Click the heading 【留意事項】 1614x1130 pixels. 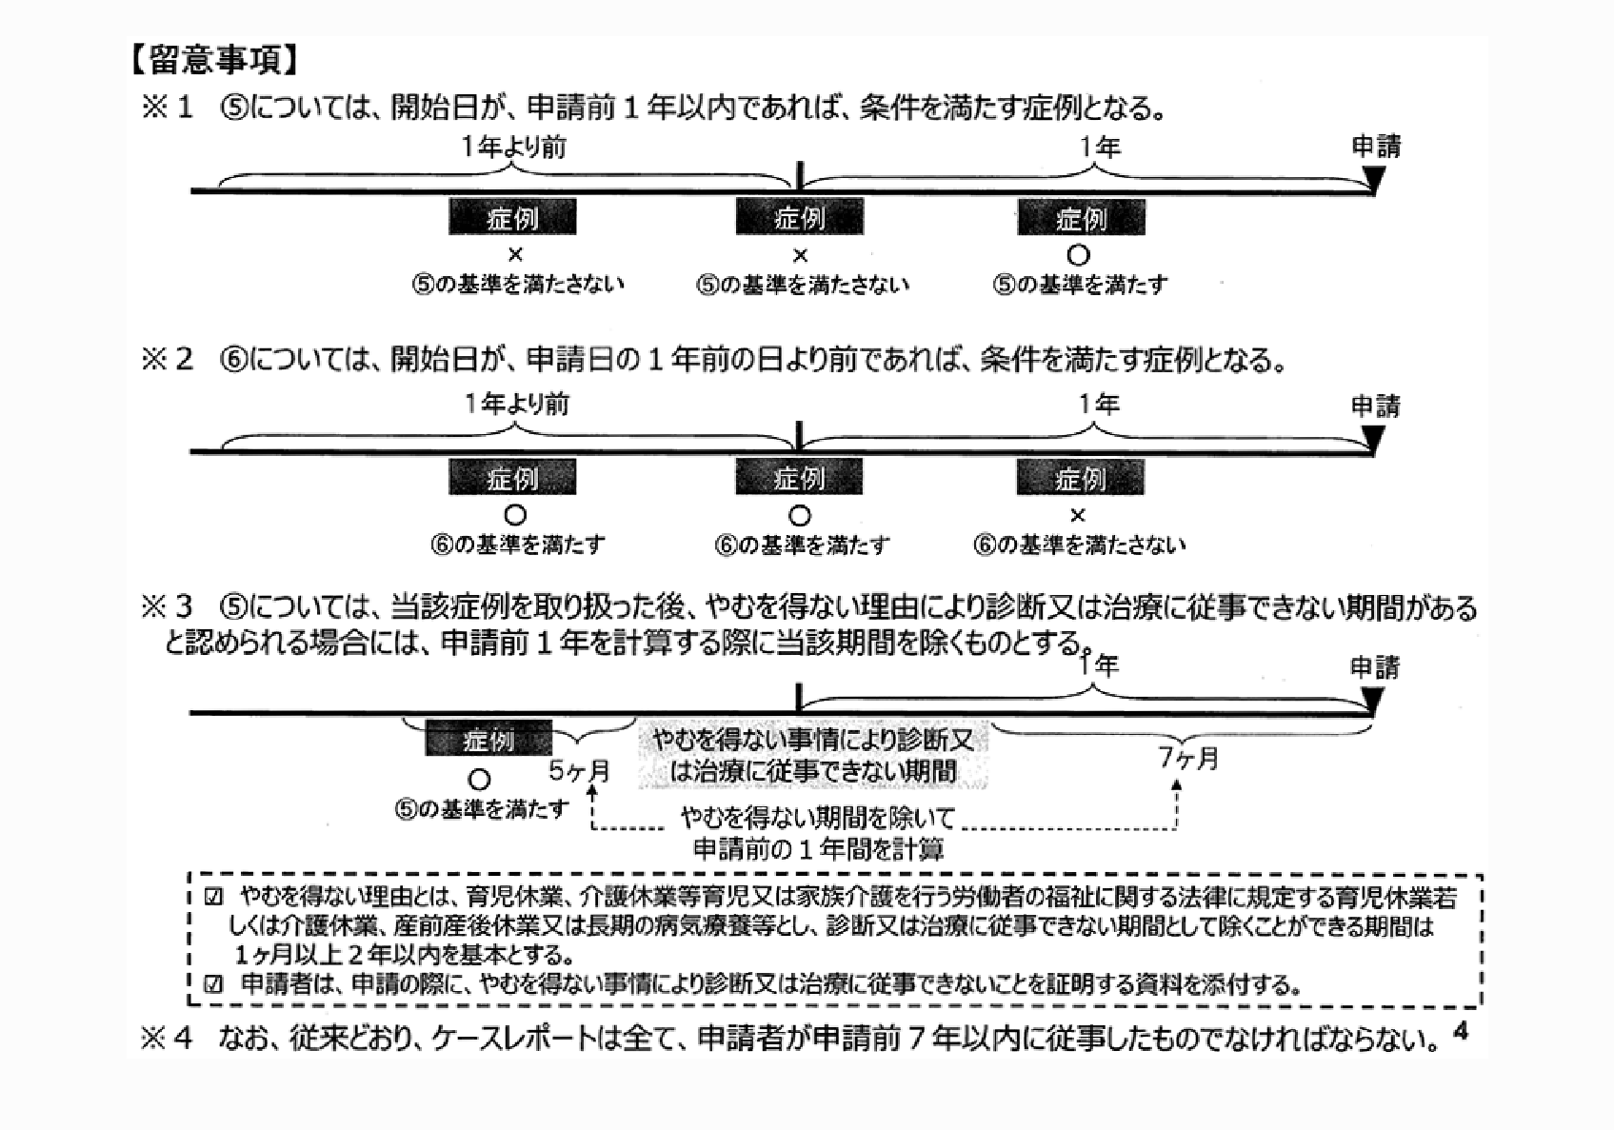(x=214, y=60)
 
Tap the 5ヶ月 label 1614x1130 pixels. (x=580, y=770)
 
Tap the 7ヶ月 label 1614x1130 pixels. (x=1188, y=759)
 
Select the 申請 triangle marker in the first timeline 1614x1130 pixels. (x=1374, y=179)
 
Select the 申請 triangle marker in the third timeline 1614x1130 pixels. (x=1372, y=701)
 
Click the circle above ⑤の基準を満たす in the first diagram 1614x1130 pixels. (x=1078, y=255)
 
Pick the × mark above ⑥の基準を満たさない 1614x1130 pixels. (x=1078, y=516)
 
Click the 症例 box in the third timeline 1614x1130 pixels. (x=488, y=740)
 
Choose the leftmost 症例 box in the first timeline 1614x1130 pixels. (x=512, y=218)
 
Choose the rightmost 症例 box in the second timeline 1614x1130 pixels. (x=1080, y=478)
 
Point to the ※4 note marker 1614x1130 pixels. (x=167, y=1038)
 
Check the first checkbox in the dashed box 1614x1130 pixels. (x=213, y=897)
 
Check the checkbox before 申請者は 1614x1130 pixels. (x=213, y=984)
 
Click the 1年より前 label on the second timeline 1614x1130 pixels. (x=516, y=405)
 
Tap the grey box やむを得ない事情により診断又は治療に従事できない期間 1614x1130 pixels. (x=812, y=755)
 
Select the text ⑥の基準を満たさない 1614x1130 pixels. (x=1079, y=545)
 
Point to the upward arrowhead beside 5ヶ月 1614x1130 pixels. (x=593, y=789)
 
